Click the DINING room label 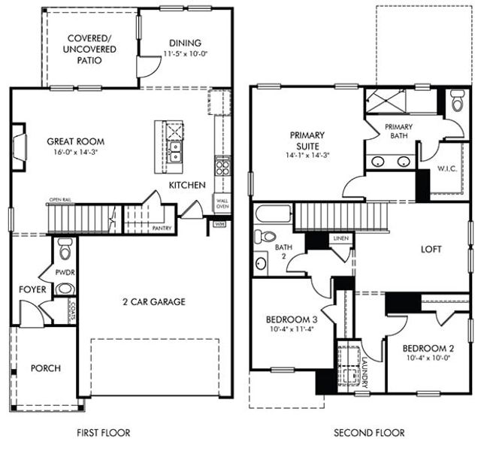click(x=185, y=43)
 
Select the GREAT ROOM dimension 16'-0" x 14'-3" click(x=75, y=151)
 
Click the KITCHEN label click(x=187, y=184)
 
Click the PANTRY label click(x=162, y=226)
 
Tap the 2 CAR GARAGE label click(x=153, y=301)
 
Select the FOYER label click(x=32, y=289)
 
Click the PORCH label click(x=46, y=368)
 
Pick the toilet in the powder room click(x=65, y=249)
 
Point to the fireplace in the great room click(x=18, y=142)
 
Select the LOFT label click(x=431, y=249)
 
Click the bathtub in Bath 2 click(x=271, y=214)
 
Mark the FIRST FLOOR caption click(x=104, y=432)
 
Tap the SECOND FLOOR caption click(x=369, y=432)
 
